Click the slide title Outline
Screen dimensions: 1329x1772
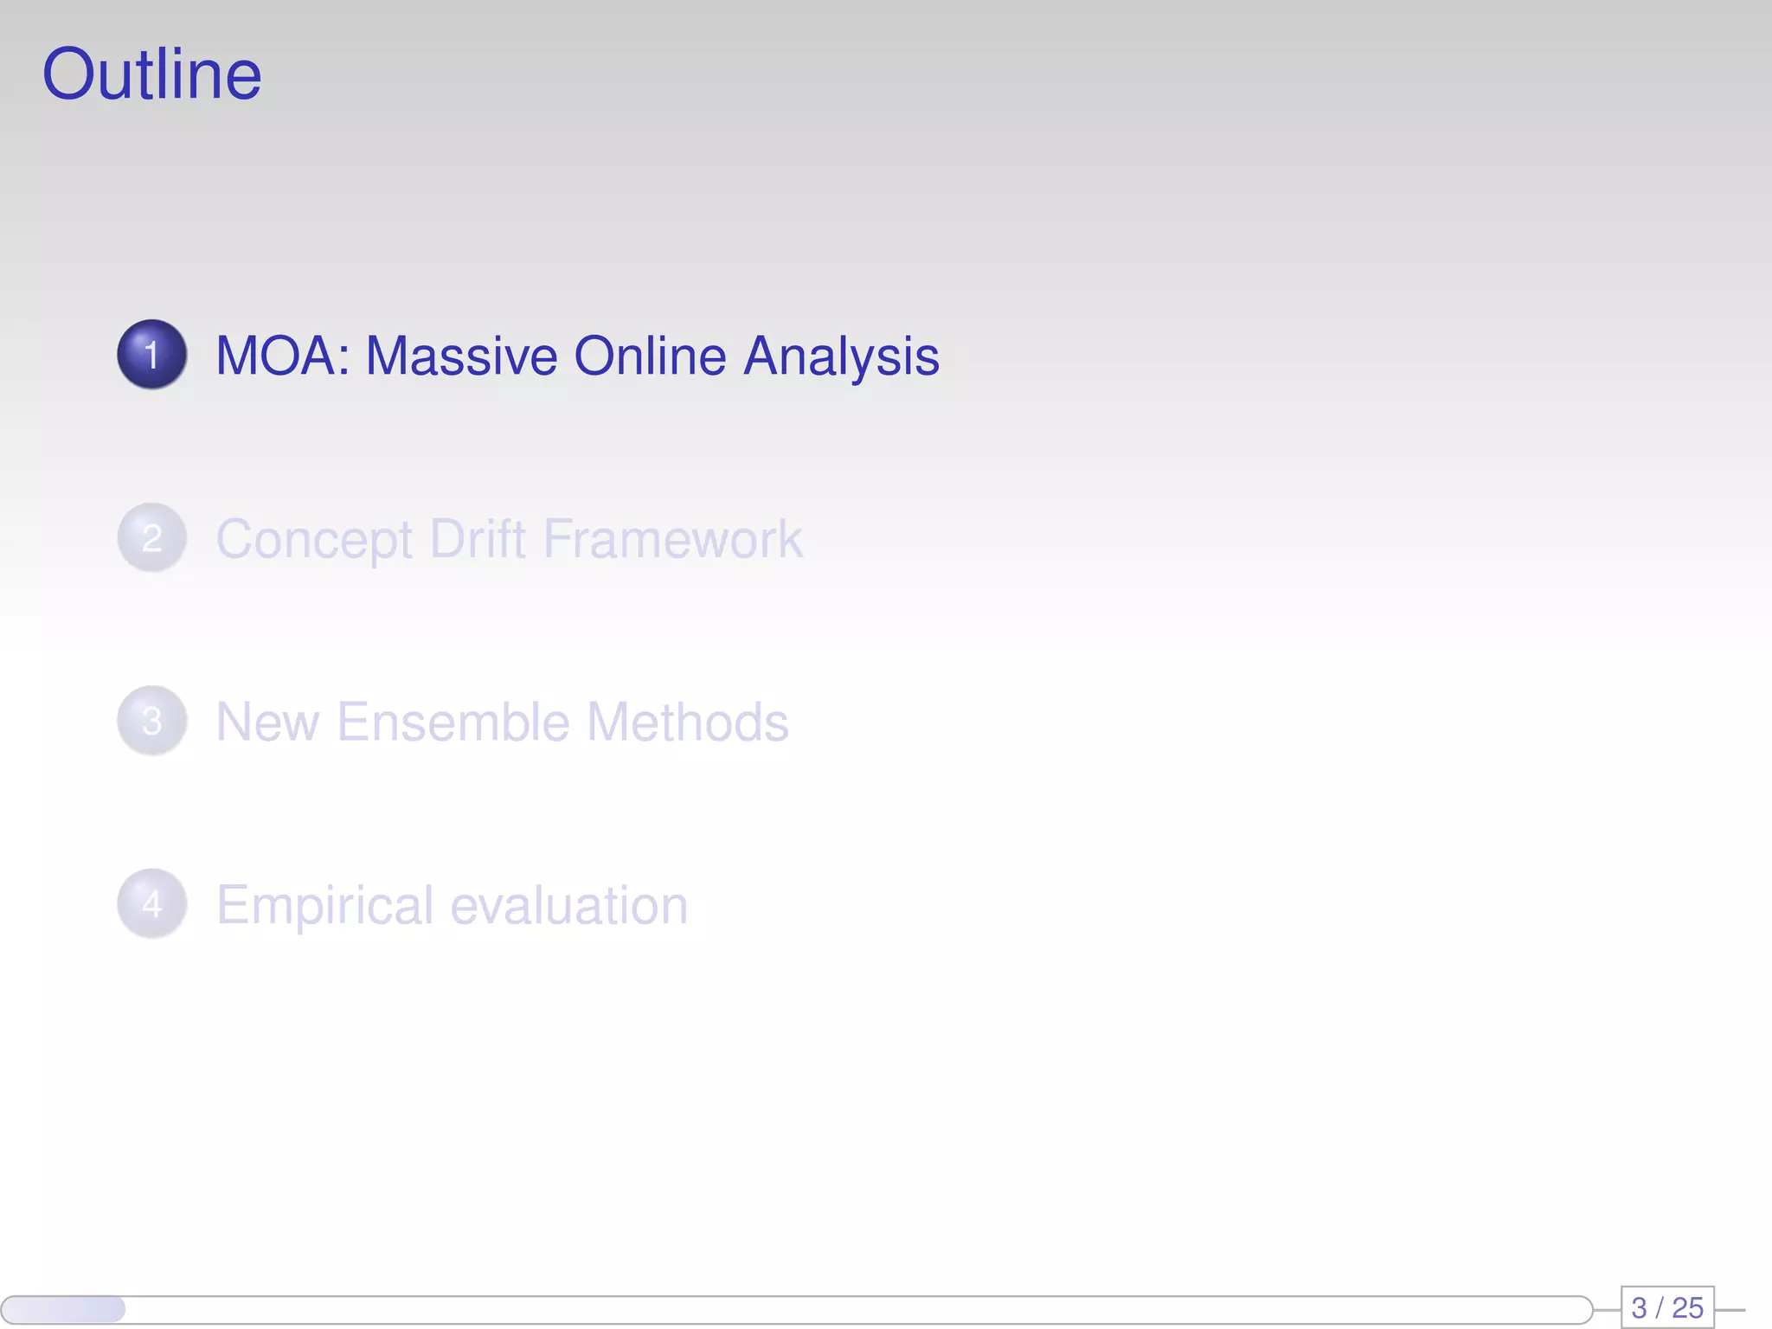[x=151, y=74]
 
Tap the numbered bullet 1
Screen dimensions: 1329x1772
[x=151, y=355]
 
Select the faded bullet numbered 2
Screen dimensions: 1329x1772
[x=151, y=538]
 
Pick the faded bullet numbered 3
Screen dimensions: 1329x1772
[x=151, y=721]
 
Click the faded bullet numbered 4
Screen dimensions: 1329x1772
[x=151, y=904]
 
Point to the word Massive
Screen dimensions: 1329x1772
[x=461, y=356]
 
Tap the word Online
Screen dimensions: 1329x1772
[x=650, y=356]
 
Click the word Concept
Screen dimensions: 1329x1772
[x=314, y=540]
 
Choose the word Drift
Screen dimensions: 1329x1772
[x=477, y=538]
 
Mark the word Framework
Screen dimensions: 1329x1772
[x=673, y=538]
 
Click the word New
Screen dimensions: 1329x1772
[x=267, y=722]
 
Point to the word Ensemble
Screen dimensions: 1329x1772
[x=453, y=722]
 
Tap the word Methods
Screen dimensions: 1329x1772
[x=688, y=722]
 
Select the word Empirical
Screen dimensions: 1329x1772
[x=324, y=906]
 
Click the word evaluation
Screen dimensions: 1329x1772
[x=569, y=905]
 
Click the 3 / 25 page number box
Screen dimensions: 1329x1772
[x=1666, y=1307]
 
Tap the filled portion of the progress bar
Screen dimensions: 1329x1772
[x=64, y=1309]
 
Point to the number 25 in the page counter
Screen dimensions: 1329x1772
[x=1687, y=1307]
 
